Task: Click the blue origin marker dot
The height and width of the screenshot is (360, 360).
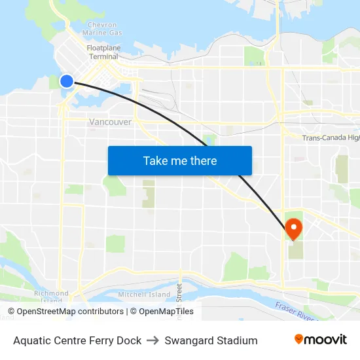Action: tap(67, 81)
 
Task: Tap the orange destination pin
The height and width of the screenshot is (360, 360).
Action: tap(293, 228)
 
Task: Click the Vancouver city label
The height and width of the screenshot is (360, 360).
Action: tap(110, 122)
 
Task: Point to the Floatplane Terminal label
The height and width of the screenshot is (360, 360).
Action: tap(103, 52)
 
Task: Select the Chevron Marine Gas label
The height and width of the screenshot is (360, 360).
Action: tap(104, 29)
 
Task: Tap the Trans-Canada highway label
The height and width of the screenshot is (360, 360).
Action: tap(331, 137)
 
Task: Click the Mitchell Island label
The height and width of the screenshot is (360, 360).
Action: tap(144, 295)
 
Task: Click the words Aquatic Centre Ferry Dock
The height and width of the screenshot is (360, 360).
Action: tap(77, 340)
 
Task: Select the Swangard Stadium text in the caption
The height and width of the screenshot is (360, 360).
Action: tap(211, 340)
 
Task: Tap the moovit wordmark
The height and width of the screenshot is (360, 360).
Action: tap(325, 340)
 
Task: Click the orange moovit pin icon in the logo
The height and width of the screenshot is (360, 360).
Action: tap(298, 339)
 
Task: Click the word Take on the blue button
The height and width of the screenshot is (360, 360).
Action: tap(156, 160)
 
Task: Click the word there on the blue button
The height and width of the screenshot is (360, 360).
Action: tap(203, 160)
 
